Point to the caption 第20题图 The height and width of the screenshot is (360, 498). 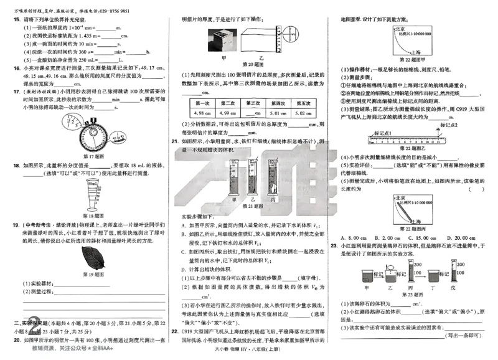[254, 64]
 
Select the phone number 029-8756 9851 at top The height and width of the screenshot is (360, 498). [113, 11]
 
